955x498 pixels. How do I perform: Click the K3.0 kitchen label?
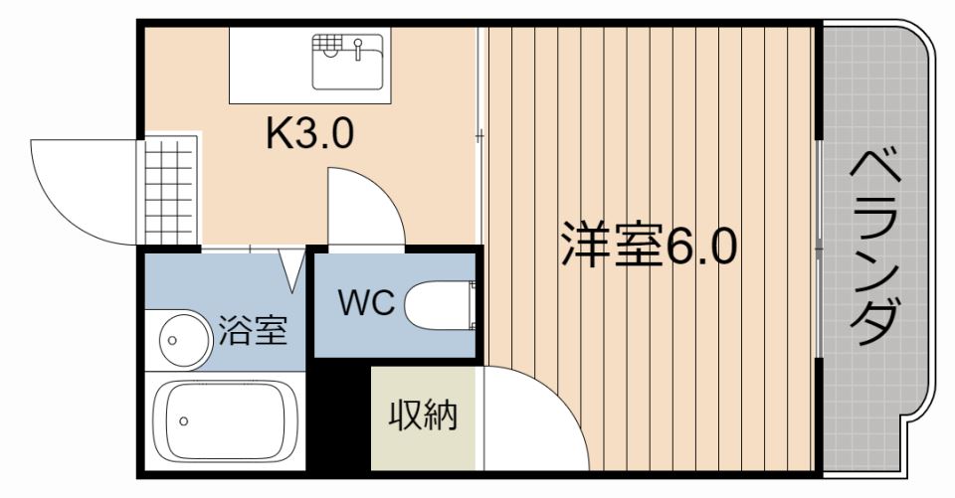click(x=308, y=133)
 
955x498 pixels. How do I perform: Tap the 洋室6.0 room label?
click(x=650, y=246)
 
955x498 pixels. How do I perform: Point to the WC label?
click(x=367, y=302)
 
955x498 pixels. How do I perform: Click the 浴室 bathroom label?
click(x=253, y=330)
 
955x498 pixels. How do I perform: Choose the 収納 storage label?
click(x=423, y=415)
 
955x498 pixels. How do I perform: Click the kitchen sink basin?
click(x=348, y=62)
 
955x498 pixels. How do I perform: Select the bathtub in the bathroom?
click(x=225, y=421)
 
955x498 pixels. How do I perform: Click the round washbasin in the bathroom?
click(x=178, y=340)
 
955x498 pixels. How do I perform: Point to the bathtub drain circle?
click(x=184, y=420)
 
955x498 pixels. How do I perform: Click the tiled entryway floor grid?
click(x=170, y=190)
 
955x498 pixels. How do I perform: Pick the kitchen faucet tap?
click(x=357, y=49)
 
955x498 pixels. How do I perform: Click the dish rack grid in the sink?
click(x=327, y=44)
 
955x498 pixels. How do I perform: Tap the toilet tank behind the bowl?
click(x=473, y=304)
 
